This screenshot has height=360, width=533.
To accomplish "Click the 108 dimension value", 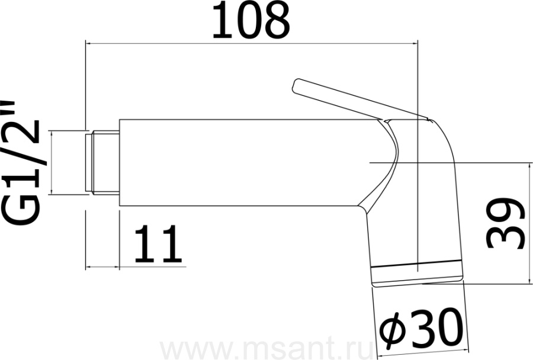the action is (x=251, y=20).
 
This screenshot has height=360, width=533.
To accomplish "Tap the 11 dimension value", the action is (x=158, y=244).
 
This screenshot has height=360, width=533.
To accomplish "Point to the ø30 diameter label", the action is (x=421, y=326).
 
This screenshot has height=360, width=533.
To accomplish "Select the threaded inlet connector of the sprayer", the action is (x=102, y=163).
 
